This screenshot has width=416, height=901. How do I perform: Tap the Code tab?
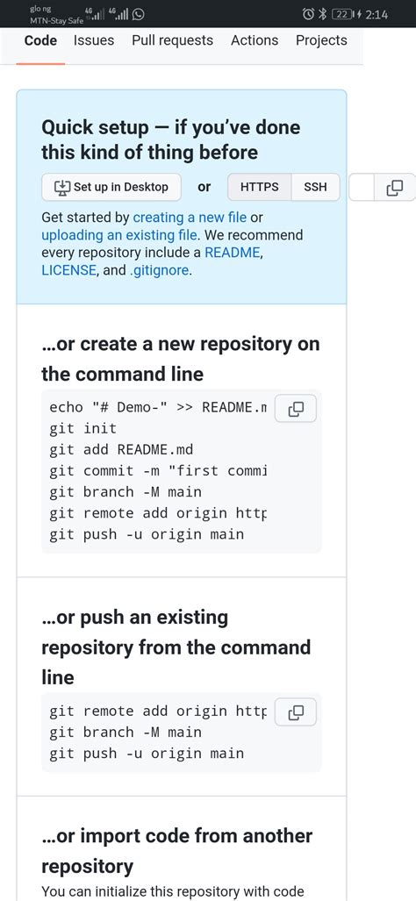click(x=40, y=40)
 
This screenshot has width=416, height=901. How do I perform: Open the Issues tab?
click(x=94, y=40)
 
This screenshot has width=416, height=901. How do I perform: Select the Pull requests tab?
click(x=172, y=40)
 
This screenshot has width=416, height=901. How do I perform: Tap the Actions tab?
click(x=254, y=40)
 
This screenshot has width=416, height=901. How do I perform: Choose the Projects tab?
click(x=321, y=40)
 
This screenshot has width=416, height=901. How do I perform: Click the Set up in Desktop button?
click(x=111, y=187)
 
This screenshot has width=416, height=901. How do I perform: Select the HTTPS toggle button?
click(x=259, y=187)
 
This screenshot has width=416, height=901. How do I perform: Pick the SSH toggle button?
click(x=315, y=187)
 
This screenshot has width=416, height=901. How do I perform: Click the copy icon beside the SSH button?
click(x=395, y=187)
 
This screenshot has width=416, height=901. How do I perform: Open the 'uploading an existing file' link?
click(x=119, y=235)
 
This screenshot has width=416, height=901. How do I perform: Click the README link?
click(x=233, y=253)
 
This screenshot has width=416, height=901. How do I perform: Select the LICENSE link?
click(x=68, y=270)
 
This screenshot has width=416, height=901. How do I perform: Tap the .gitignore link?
click(x=159, y=270)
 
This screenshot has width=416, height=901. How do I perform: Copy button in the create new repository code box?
click(x=296, y=408)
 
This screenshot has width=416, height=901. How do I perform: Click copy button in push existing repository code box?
click(x=296, y=712)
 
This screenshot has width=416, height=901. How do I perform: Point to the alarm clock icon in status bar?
click(x=308, y=14)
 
